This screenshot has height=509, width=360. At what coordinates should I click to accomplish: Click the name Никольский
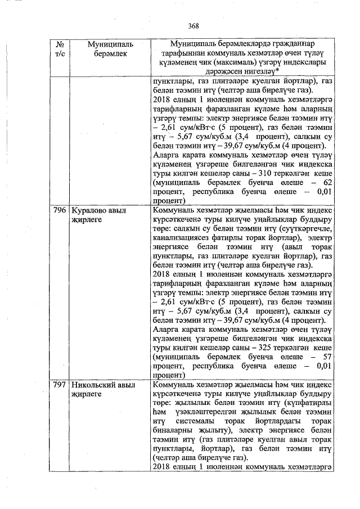coord(96,385)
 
